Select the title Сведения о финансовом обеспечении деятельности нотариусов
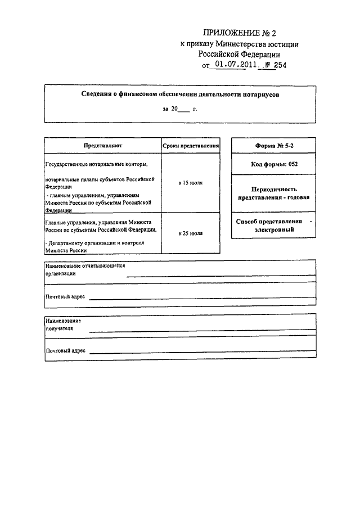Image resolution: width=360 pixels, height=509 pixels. coord(179,95)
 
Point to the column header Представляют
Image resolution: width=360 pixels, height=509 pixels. coord(102,145)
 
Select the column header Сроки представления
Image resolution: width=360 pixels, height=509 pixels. coord(191,145)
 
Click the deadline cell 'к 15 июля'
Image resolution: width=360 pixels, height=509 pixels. coord(191,183)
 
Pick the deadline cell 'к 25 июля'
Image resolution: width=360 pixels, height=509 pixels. coord(191,232)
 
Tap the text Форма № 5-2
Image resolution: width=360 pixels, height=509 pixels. coord(274,145)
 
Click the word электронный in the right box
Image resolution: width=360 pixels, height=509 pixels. coord(274,229)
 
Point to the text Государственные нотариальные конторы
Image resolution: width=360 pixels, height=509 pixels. coord(96,164)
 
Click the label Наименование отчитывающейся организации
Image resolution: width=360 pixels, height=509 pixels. coord(84,269)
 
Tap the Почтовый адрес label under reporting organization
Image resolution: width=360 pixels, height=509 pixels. coord(65,296)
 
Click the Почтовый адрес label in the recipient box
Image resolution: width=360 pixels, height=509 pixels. coord(65,350)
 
